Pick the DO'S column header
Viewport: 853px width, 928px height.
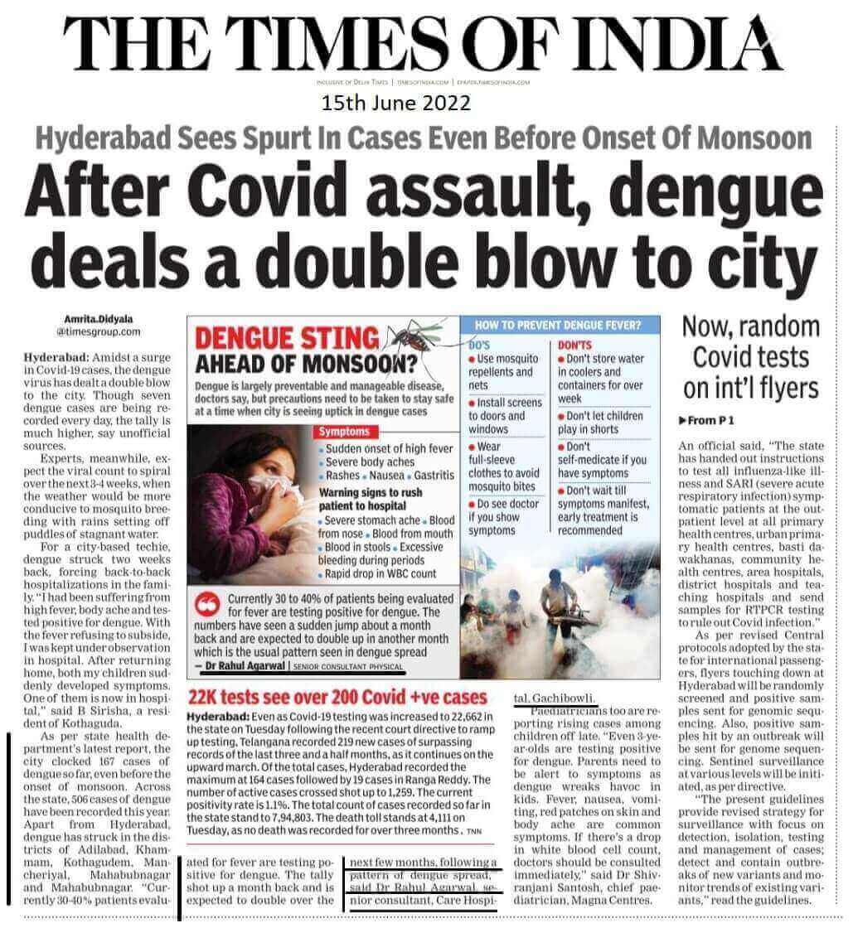click(x=480, y=341)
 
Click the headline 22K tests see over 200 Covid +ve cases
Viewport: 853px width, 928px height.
click(x=338, y=697)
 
